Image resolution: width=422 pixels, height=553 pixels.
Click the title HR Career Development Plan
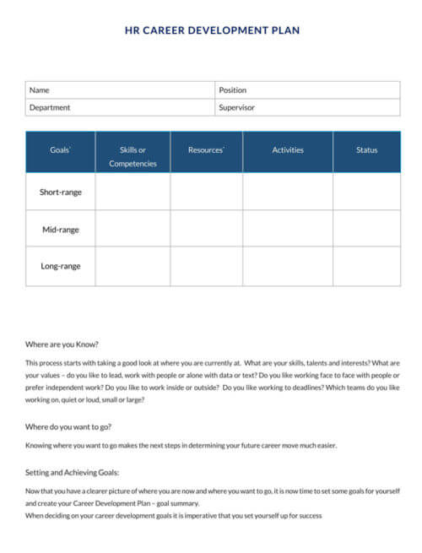pyautogui.click(x=212, y=30)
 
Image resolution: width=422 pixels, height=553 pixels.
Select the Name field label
pyautogui.click(x=40, y=90)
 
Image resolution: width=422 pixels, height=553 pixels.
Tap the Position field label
pyautogui.click(x=232, y=90)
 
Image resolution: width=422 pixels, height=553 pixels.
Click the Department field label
pyautogui.click(x=50, y=107)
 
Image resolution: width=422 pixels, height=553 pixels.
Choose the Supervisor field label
pyautogui.click(x=236, y=107)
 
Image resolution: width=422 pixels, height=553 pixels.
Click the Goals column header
pyautogui.click(x=60, y=150)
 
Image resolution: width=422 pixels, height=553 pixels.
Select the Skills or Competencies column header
pyautogui.click(x=133, y=156)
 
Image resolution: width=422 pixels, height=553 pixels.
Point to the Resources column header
pyautogui.click(x=206, y=150)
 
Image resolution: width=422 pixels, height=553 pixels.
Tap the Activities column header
pyautogui.click(x=287, y=150)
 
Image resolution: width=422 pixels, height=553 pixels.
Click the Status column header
pyautogui.click(x=366, y=150)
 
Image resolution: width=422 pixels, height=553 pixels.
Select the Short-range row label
pyautogui.click(x=60, y=192)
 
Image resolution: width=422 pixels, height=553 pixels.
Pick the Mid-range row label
pyautogui.click(x=60, y=229)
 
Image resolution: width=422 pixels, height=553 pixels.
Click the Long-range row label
pyautogui.click(x=60, y=266)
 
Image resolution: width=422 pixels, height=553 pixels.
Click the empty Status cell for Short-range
pyautogui.click(x=366, y=192)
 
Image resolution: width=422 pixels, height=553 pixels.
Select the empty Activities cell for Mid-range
pyautogui.click(x=287, y=229)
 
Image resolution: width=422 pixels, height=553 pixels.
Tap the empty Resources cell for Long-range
pyautogui.click(x=206, y=266)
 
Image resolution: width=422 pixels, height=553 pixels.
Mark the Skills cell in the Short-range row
pyautogui.click(x=133, y=192)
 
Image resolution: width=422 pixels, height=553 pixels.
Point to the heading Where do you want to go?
pyautogui.click(x=68, y=426)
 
